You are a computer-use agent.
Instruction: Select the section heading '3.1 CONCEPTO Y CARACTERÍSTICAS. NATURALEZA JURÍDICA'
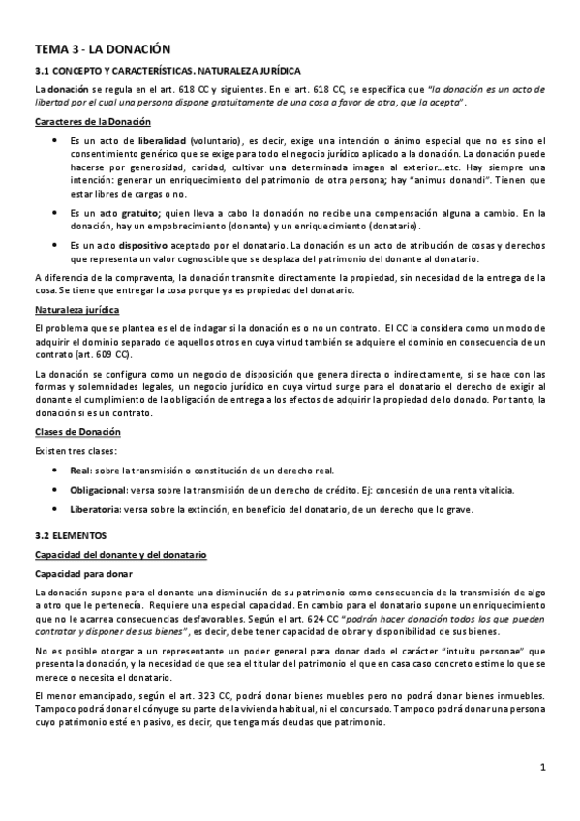pyautogui.click(x=168, y=71)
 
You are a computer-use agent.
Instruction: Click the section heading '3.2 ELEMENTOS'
pyautogui.click(x=71, y=534)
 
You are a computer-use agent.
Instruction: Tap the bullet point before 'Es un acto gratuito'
pyautogui.click(x=55, y=213)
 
